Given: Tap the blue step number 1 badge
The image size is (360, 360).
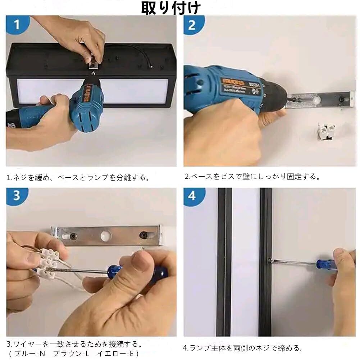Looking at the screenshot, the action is pyautogui.click(x=17, y=24).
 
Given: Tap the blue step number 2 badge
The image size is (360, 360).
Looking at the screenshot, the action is pyautogui.click(x=193, y=25).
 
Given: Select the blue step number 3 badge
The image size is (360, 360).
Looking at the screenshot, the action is pyautogui.click(x=17, y=196).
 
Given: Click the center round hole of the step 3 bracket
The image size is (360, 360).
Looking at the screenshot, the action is pyautogui.click(x=106, y=236).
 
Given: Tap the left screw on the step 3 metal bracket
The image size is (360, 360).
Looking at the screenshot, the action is pyautogui.click(x=73, y=236).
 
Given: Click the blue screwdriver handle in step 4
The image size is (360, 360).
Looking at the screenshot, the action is pyautogui.click(x=326, y=264).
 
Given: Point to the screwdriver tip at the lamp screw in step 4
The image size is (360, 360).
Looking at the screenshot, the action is pyautogui.click(x=271, y=260).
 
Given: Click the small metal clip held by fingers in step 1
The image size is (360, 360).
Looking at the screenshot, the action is pyautogui.click(x=93, y=65).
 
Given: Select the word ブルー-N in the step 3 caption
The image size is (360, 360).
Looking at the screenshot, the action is pyautogui.click(x=30, y=353).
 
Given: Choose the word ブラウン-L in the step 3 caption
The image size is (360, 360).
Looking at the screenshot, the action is pyautogui.click(x=71, y=353).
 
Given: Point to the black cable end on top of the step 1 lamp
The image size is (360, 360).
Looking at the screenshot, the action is pyautogui.click(x=151, y=67).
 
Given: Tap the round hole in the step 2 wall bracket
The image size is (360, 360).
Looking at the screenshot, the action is pyautogui.click(x=317, y=99).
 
